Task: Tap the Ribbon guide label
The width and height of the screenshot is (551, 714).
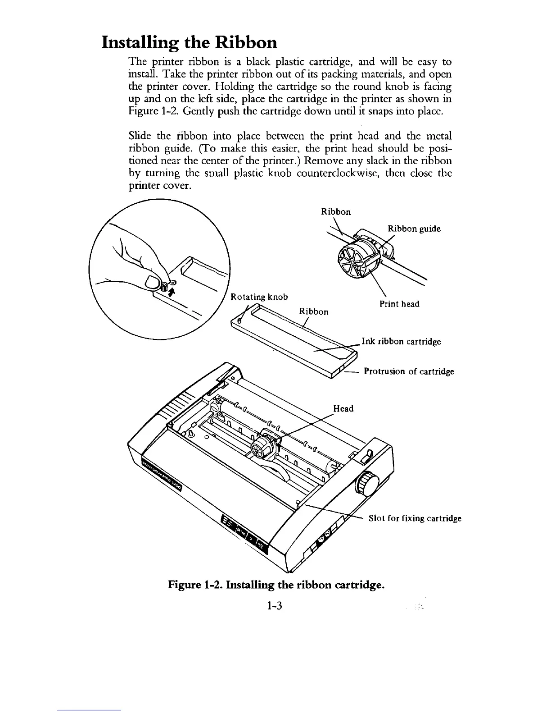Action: click(x=414, y=229)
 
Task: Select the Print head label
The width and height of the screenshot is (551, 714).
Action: click(x=399, y=304)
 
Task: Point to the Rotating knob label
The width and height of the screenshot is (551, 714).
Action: click(x=259, y=297)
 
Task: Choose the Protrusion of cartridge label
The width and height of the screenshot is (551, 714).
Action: click(x=409, y=371)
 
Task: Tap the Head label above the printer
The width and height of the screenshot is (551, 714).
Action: click(x=343, y=408)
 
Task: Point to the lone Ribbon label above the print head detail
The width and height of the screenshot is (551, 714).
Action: click(x=335, y=211)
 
